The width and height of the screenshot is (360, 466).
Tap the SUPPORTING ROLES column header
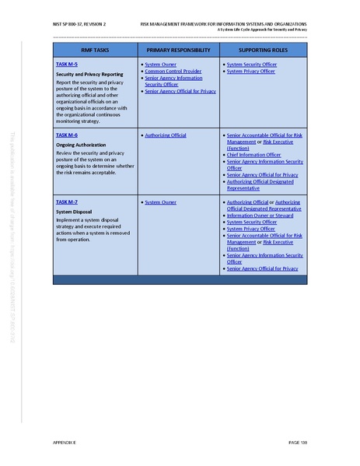click(261, 50)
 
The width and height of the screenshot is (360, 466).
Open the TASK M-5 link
click(67, 64)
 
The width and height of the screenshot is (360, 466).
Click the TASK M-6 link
click(67, 135)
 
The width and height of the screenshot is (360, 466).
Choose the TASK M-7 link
click(67, 202)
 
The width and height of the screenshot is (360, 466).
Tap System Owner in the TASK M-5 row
click(160, 64)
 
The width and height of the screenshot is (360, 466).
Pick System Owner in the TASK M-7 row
click(160, 202)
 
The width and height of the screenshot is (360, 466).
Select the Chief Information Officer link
click(253, 155)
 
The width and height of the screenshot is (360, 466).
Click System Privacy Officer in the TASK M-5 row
click(250, 71)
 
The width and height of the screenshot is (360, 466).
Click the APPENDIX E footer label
click(65, 442)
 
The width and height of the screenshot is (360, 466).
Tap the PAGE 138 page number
click(299, 442)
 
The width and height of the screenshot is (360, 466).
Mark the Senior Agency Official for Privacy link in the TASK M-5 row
click(180, 91)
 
